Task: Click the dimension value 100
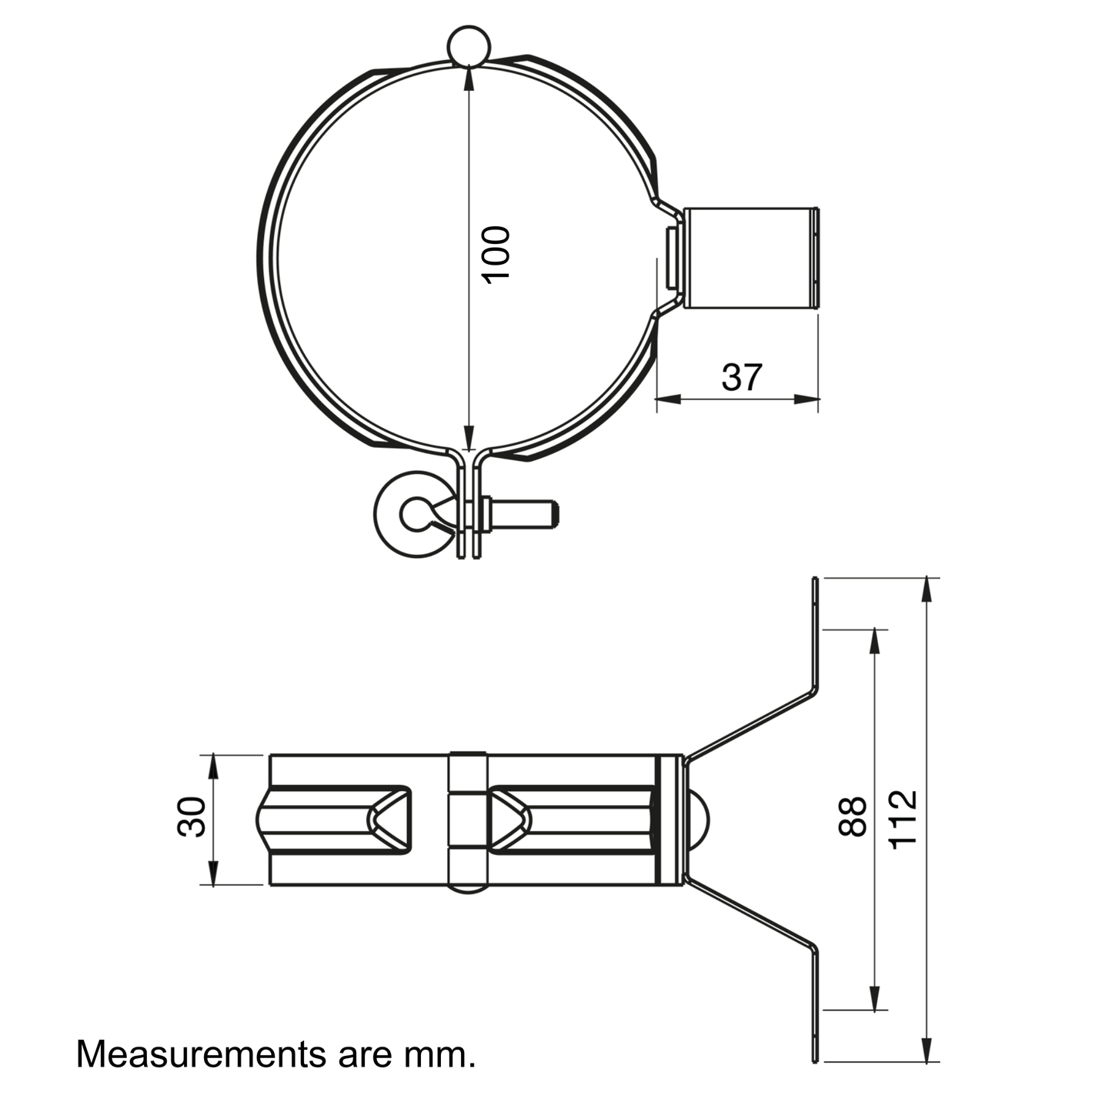coord(496,255)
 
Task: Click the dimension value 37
coord(742,377)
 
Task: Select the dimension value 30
coord(191,816)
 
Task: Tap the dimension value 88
coord(853,816)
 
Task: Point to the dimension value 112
coord(903,818)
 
